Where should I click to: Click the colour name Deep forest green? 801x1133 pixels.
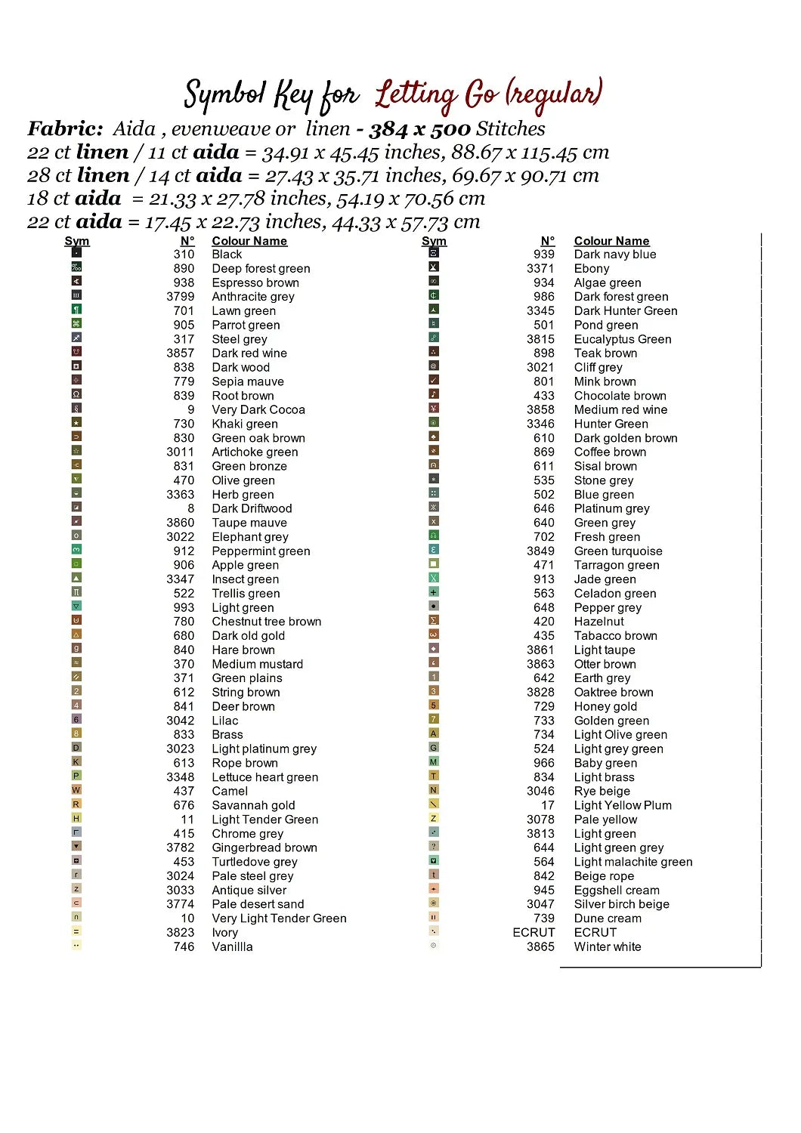[261, 269]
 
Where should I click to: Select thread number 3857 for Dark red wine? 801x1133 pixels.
[181, 353]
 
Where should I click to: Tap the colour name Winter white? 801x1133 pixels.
[608, 947]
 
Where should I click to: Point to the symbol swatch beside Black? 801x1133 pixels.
[76, 253]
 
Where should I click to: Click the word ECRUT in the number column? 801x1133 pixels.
[533, 933]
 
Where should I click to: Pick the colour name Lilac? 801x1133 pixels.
[224, 721]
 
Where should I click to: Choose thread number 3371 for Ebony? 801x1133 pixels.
[540, 269]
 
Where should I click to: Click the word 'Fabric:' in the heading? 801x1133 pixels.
[65, 129]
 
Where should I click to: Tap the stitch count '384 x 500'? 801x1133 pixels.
[419, 129]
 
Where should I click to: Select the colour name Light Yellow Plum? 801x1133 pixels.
[623, 806]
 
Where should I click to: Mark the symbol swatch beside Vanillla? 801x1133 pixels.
[76, 945]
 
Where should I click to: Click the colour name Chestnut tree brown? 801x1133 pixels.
[266, 622]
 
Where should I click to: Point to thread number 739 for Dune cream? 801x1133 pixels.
[544, 918]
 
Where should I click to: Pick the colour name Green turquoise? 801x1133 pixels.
[618, 551]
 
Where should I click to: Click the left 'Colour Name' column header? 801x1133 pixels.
[249, 241]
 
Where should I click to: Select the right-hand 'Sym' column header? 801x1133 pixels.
[434, 241]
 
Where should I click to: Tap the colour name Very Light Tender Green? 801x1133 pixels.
[279, 918]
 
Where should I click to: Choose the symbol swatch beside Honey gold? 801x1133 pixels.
[434, 705]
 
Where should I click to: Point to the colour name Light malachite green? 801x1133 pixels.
[633, 862]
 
